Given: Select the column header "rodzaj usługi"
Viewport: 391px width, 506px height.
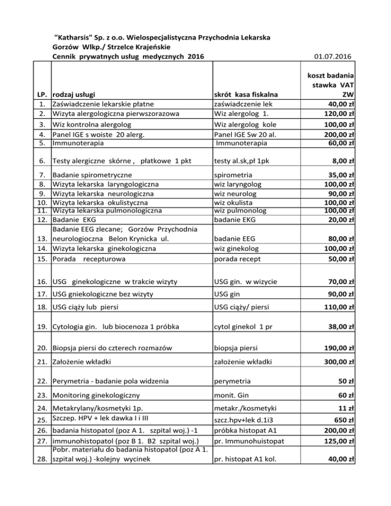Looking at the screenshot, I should point(76,94).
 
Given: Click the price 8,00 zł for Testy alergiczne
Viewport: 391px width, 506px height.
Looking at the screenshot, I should point(343,161).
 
